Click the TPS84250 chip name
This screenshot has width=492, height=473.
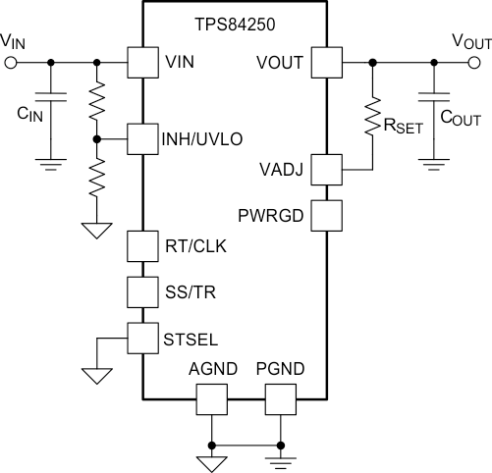[x=235, y=25]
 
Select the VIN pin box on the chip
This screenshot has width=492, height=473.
[x=143, y=63]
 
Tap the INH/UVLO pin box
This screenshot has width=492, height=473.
[x=143, y=139]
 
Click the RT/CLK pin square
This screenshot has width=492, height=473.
[x=143, y=246]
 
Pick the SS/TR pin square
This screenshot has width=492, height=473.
[x=143, y=292]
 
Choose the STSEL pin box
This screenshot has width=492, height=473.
[x=143, y=339]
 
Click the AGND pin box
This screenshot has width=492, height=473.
[x=212, y=399]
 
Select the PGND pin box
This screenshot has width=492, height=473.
[x=281, y=399]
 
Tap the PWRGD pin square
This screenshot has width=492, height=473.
[x=327, y=216]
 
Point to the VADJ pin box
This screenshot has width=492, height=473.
[x=327, y=170]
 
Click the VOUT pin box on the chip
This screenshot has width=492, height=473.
[x=327, y=63]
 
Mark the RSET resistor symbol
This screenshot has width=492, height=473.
[x=372, y=116]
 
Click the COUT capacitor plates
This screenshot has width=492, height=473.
[x=434, y=97]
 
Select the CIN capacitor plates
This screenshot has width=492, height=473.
[x=51, y=97]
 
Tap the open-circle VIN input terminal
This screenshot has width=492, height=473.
[x=11, y=63]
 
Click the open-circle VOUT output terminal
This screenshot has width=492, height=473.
[x=474, y=63]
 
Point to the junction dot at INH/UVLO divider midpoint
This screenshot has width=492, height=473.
[x=96, y=139]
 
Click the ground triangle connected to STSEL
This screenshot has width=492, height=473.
[x=97, y=376]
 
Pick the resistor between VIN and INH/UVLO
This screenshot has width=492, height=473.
[x=97, y=101]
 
